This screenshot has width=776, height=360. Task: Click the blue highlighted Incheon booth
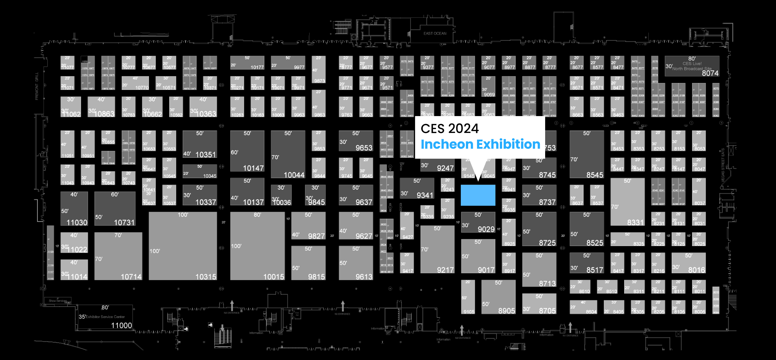tap(478, 195)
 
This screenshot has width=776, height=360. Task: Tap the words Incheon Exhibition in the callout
tap(480, 144)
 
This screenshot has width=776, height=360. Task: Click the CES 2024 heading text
tap(449, 129)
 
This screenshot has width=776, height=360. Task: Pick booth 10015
tap(257, 246)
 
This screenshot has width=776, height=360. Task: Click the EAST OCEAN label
tap(435, 34)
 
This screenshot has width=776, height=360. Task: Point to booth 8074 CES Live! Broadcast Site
tap(692, 66)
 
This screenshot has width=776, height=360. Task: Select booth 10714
tap(118, 256)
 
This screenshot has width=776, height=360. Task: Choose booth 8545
tap(586, 154)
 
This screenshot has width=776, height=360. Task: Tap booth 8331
tap(628, 202)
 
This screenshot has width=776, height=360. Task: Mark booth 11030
tap(74, 208)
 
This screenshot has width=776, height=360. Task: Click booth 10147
tap(247, 151)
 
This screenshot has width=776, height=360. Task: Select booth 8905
tap(498, 297)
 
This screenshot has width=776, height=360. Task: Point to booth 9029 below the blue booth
tap(478, 222)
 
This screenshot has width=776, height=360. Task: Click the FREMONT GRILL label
tap(37, 86)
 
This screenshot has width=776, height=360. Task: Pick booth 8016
tap(688, 263)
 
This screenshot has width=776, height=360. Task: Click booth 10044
tap(288, 154)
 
